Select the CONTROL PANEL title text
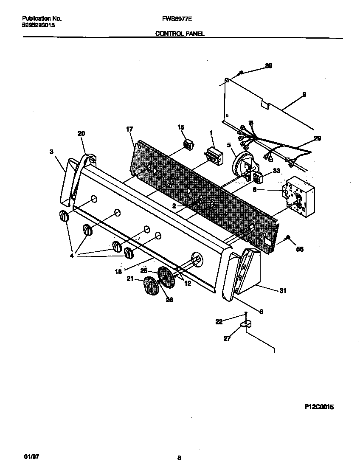[x=180, y=34]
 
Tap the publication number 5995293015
[x=38, y=25]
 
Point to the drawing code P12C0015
[x=319, y=407]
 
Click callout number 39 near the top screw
[x=268, y=66]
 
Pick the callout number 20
[x=81, y=133]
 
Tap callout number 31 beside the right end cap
[x=282, y=291]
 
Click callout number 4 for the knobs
[x=71, y=256]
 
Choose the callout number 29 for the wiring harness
[x=317, y=138]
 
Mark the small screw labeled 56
[x=288, y=237]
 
